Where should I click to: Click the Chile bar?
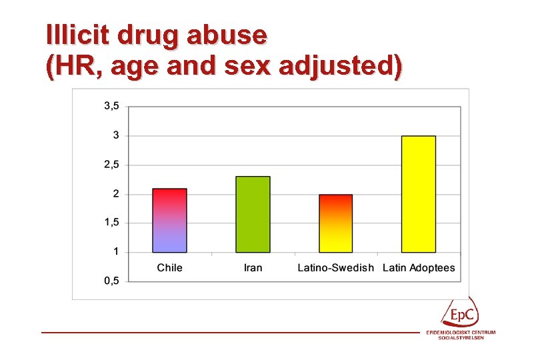click(169, 221)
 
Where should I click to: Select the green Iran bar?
click(253, 215)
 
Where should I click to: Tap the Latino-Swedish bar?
click(335, 223)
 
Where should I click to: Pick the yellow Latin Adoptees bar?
click(419, 194)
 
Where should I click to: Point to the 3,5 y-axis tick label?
click(111, 106)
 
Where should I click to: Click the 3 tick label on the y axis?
click(116, 135)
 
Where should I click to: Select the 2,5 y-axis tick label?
click(111, 165)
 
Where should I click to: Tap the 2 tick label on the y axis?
click(116, 194)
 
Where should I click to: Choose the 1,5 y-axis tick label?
click(111, 223)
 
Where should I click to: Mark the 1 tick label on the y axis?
click(116, 252)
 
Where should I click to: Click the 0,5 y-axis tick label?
click(111, 281)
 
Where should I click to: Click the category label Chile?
click(169, 268)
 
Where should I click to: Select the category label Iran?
click(253, 268)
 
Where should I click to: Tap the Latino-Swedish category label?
click(335, 268)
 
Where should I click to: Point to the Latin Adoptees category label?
click(419, 268)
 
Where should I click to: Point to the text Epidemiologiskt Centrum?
click(461, 332)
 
